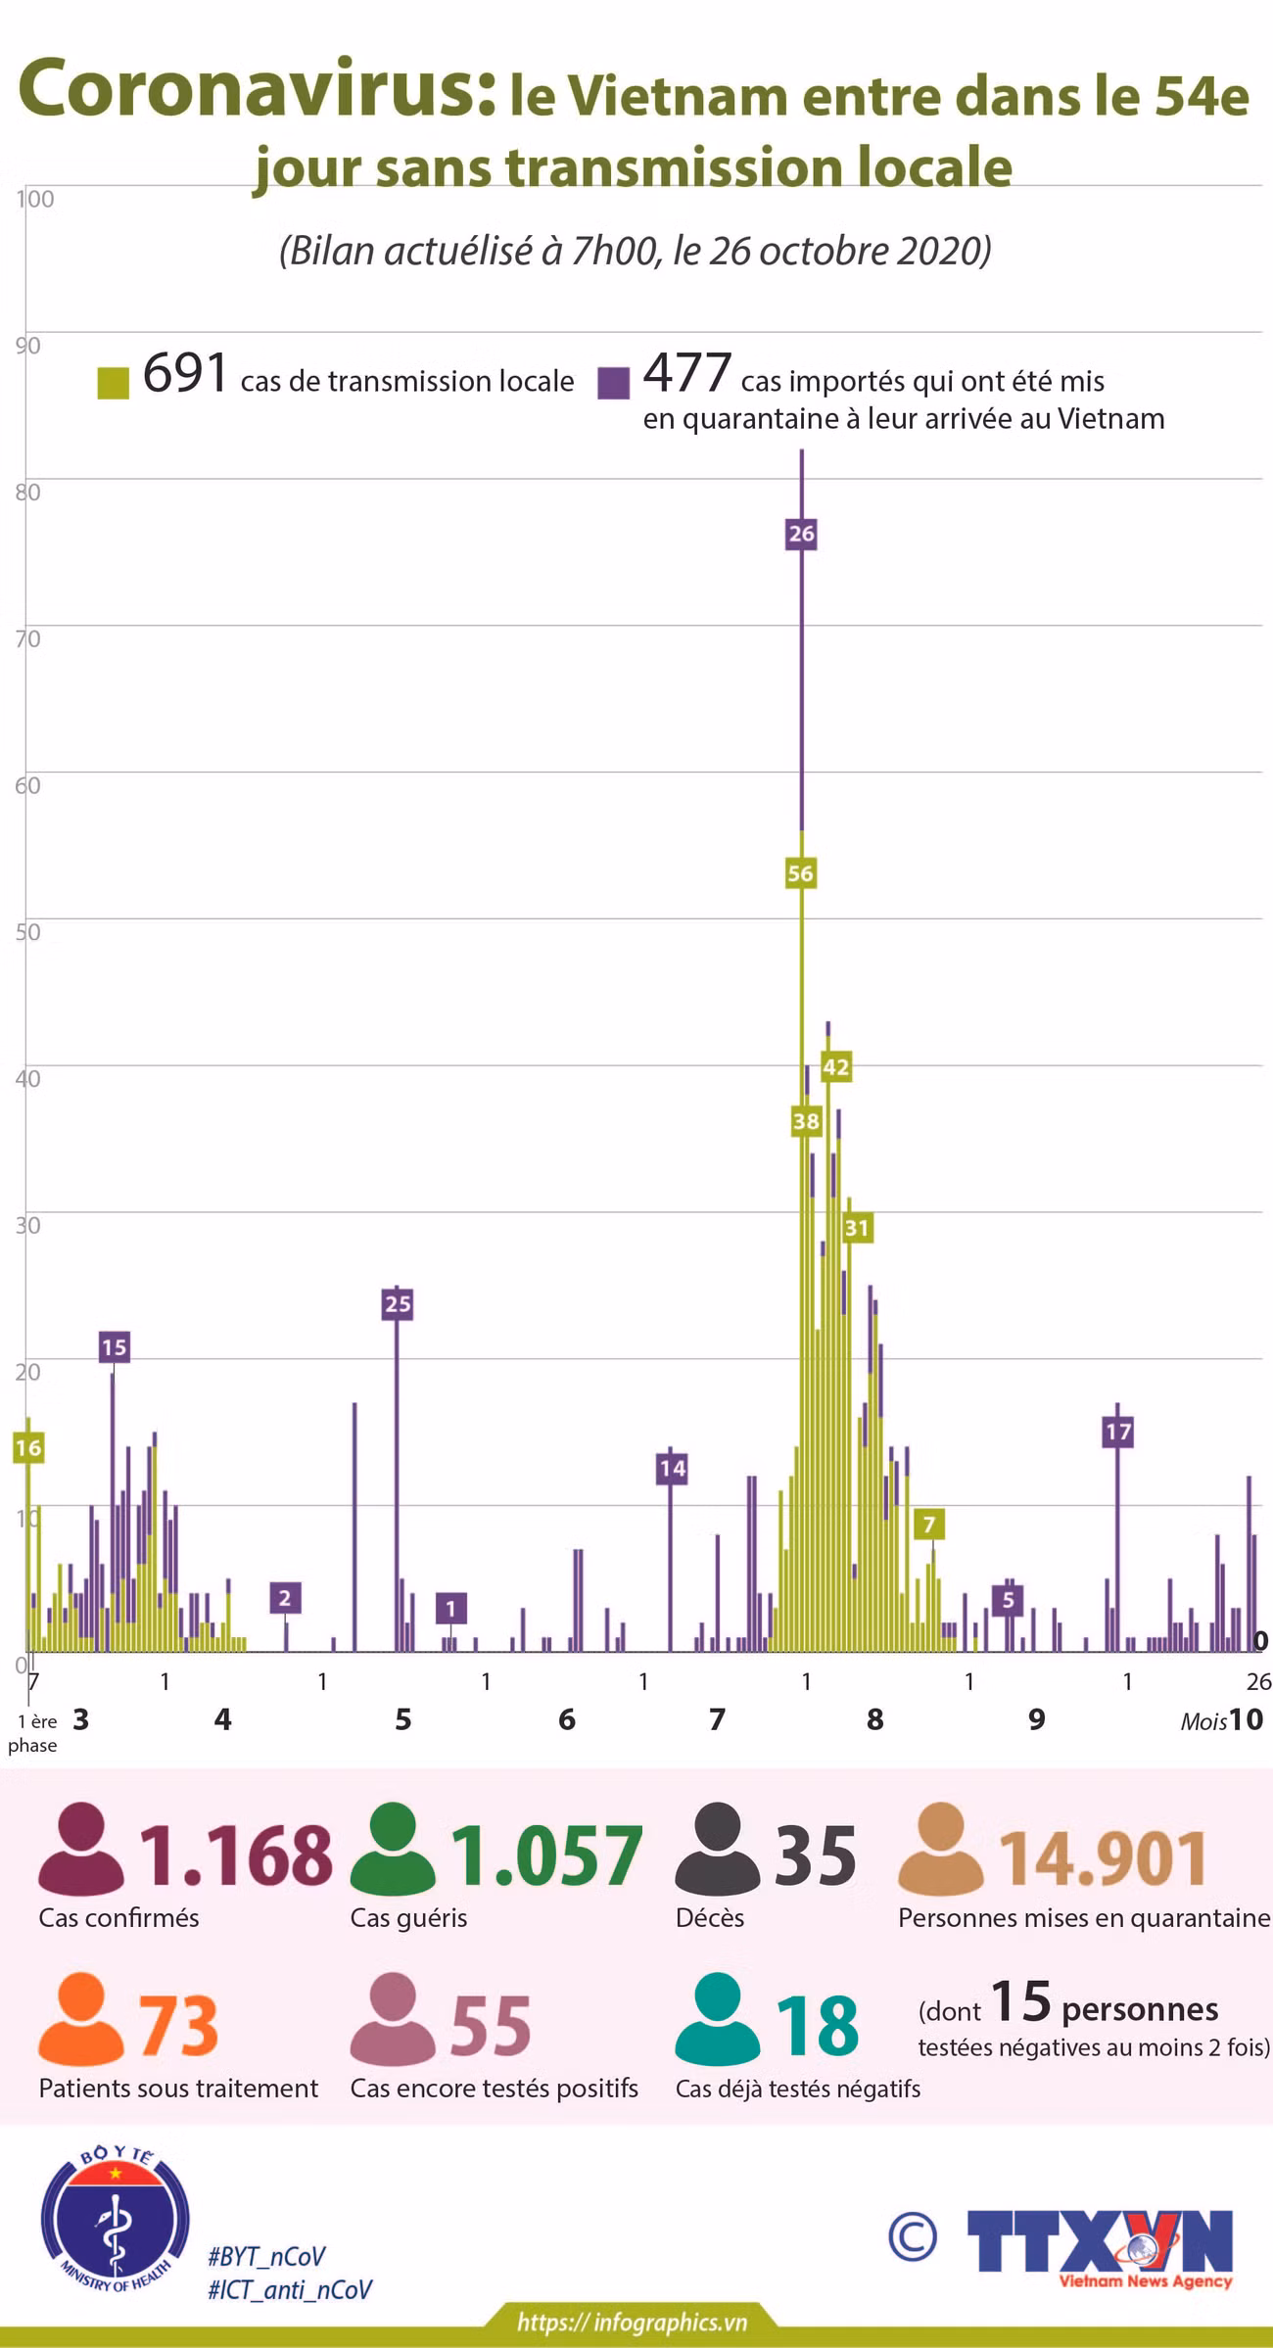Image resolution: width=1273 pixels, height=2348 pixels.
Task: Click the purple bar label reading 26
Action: click(801, 534)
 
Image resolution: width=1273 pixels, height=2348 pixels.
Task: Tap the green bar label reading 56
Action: click(800, 873)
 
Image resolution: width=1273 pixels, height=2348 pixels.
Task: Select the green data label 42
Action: click(835, 1066)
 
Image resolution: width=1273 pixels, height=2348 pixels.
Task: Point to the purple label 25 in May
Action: click(398, 1303)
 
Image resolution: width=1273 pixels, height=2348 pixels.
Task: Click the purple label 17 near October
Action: click(1118, 1432)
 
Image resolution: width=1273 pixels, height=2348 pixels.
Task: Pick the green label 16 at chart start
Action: click(28, 1447)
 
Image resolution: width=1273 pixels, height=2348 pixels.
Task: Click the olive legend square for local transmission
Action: click(114, 383)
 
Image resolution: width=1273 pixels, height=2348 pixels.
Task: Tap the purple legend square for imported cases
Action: click(613, 383)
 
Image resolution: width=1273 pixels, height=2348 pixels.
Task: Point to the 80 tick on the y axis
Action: click(27, 492)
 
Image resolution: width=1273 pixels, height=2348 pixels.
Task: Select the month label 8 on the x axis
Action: click(875, 1718)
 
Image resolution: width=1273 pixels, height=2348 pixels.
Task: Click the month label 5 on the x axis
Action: click(403, 1718)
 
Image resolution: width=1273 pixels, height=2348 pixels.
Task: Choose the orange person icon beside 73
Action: click(81, 2017)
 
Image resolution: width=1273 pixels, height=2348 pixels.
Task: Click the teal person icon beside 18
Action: click(718, 2017)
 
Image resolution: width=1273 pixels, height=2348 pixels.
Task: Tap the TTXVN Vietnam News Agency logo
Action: click(1099, 2244)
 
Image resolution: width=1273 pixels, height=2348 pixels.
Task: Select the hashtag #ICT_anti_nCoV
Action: click(290, 2289)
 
